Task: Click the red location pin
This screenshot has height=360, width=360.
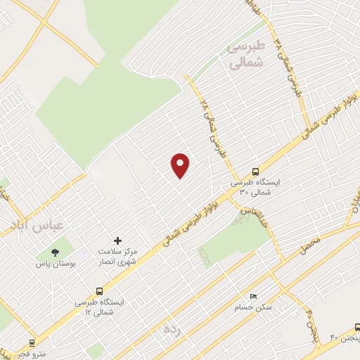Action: coord(181,165)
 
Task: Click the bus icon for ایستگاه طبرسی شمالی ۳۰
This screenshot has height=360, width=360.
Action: coord(255,171)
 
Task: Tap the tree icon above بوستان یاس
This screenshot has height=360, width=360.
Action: coord(54,251)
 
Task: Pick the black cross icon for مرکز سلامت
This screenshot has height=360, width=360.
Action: coord(117,240)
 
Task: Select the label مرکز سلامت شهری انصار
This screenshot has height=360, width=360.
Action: coord(117,257)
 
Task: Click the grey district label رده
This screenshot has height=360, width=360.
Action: coord(172,328)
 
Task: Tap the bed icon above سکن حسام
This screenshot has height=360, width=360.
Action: coord(254,296)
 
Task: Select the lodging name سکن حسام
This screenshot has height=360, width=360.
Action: coord(254,307)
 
